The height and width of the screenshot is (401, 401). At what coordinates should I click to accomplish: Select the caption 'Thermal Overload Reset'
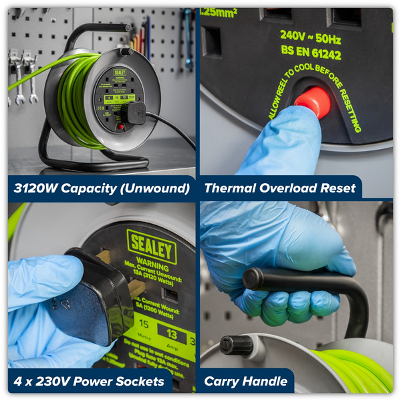click(x=280, y=188)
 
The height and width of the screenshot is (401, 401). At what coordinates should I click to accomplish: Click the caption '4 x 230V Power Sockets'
click(x=89, y=382)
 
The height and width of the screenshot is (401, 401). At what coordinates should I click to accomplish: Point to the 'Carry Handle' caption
click(x=246, y=382)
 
